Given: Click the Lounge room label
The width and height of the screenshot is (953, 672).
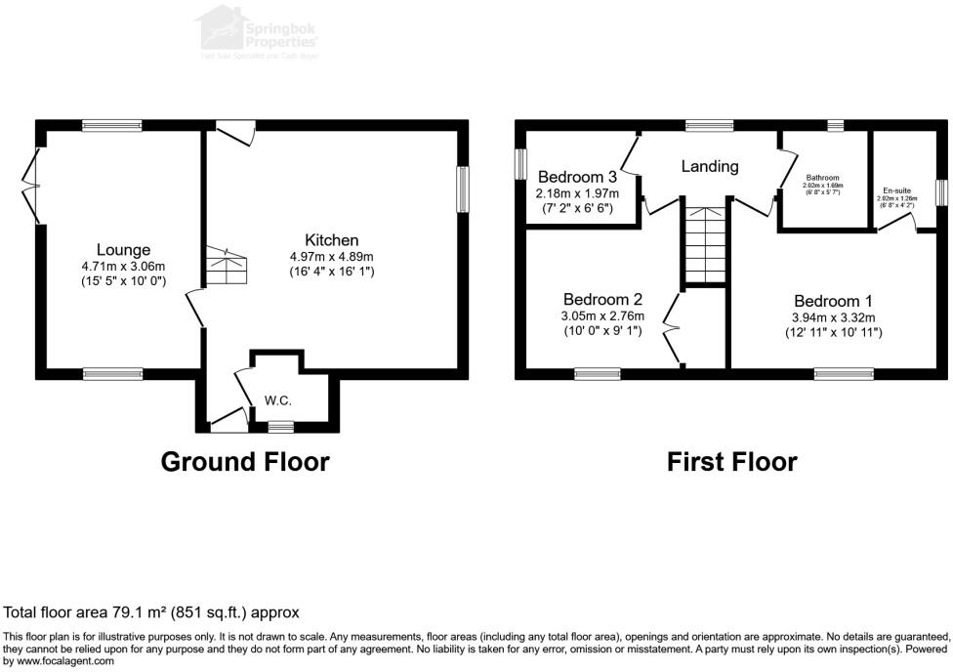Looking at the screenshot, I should (x=123, y=250).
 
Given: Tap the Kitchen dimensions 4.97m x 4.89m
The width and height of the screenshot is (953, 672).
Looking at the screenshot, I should (x=332, y=256).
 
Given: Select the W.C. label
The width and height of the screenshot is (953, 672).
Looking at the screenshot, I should (x=278, y=401).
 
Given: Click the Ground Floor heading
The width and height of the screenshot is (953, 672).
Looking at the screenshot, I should (x=244, y=461).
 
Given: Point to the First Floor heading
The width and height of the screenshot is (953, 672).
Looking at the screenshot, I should (x=731, y=461).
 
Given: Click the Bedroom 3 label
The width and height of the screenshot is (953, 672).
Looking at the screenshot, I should (x=577, y=177).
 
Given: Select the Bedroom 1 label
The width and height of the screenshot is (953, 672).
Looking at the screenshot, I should (x=833, y=301).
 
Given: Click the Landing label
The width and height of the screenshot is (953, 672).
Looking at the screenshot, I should (x=709, y=166).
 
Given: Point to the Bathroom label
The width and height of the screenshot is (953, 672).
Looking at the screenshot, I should (x=822, y=178).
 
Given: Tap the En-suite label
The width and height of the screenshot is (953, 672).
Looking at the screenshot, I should (x=897, y=190).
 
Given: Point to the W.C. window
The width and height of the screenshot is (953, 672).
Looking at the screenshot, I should (x=281, y=426).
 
